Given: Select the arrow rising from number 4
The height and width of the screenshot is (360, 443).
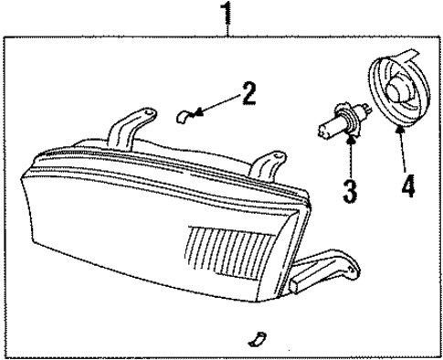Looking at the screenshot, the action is [x=402, y=146].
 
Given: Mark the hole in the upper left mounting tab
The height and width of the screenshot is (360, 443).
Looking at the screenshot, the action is [x=142, y=114].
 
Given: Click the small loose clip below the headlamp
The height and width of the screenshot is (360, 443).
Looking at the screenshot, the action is [x=258, y=340].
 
